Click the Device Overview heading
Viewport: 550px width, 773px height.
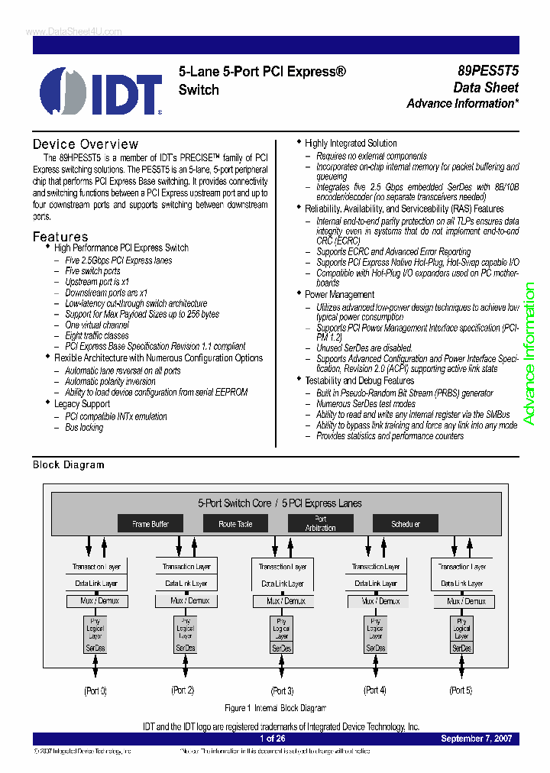pyautogui.click(x=86, y=144)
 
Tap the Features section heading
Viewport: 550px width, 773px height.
pyautogui.click(x=60, y=237)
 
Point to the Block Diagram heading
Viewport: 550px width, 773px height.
pyautogui.click(x=68, y=464)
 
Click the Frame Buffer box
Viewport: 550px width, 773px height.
pyautogui.click(x=150, y=524)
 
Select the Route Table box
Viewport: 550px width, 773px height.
pyautogui.click(x=235, y=524)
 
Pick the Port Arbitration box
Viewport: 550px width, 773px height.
pyautogui.click(x=320, y=523)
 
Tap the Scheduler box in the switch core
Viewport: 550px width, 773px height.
pyautogui.click(x=406, y=524)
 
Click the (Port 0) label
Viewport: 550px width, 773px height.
pyautogui.click(x=95, y=691)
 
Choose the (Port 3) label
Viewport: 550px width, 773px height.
pyautogui.click(x=281, y=691)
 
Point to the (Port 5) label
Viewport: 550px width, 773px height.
pyautogui.click(x=461, y=691)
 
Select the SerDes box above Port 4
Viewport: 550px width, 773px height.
pyautogui.click(x=375, y=648)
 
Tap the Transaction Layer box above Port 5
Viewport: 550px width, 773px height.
pyautogui.click(x=462, y=567)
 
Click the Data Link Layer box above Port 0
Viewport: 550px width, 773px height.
pyautogui.click(x=96, y=583)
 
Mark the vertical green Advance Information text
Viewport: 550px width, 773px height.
pyautogui.click(x=529, y=354)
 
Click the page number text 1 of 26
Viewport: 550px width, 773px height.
pyautogui.click(x=272, y=739)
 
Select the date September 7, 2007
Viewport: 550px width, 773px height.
pyautogui.click(x=477, y=739)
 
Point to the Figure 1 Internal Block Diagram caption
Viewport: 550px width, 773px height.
pyautogui.click(x=275, y=708)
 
